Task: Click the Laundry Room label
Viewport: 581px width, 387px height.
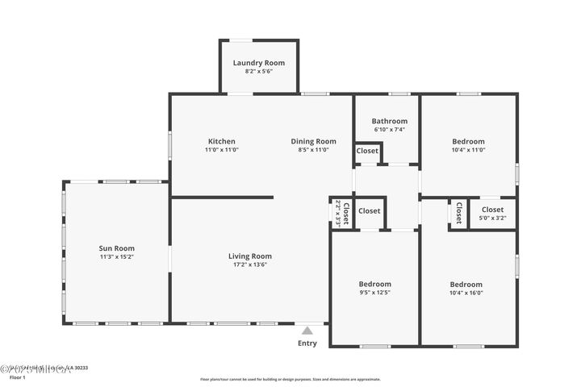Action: pos(258,63)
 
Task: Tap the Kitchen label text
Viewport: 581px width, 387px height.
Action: pos(221,141)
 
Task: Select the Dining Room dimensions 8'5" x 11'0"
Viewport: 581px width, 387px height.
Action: pos(313,150)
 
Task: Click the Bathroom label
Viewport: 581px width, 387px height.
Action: pos(389,121)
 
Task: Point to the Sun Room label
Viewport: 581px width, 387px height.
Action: pos(116,248)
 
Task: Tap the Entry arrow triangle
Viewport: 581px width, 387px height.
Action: pos(307,330)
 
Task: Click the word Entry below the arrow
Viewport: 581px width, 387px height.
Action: pos(307,343)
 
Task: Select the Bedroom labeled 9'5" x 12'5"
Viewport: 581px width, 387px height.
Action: pos(374,284)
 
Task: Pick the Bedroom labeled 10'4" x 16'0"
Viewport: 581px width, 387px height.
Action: pos(466,285)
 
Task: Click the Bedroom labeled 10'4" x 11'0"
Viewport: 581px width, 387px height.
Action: pos(468,141)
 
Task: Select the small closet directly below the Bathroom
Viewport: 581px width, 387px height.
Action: pos(367,151)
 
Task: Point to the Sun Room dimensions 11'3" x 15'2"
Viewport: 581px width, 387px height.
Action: pos(116,257)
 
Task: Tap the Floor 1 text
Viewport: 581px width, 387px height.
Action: pos(18,377)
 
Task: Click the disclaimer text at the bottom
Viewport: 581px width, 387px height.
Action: pos(290,378)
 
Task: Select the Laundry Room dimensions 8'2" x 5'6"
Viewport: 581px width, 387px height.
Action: pos(258,72)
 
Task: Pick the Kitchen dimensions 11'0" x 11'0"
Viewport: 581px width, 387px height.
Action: pos(221,150)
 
